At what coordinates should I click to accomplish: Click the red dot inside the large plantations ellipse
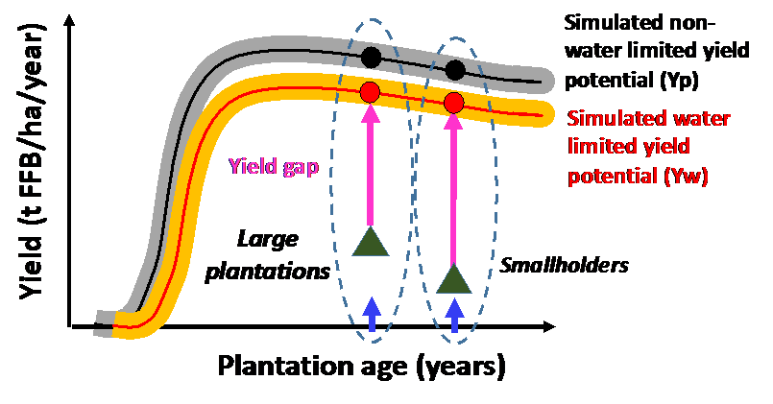pos(371,93)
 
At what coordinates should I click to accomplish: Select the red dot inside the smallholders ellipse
pos(454,103)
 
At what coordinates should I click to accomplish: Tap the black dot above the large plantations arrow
pos(371,58)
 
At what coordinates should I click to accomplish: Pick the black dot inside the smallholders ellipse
pos(455,69)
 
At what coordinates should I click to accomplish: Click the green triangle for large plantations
pos(370,242)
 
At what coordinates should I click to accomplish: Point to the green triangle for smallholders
pos(453,278)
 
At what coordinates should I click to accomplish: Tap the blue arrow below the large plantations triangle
pos(372,313)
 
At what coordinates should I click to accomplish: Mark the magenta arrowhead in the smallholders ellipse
pos(453,122)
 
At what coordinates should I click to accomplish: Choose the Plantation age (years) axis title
pos(361,366)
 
